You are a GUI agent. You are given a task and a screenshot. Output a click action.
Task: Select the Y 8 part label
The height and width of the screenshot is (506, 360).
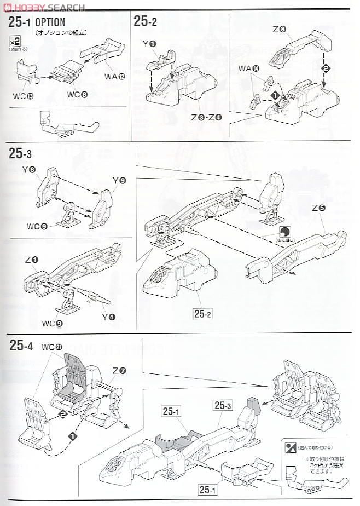(x=29, y=170)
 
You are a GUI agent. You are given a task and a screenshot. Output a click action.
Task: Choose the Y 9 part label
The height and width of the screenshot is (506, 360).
(x=119, y=180)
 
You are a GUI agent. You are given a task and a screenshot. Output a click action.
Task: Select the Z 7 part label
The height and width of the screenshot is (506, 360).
(x=119, y=370)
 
